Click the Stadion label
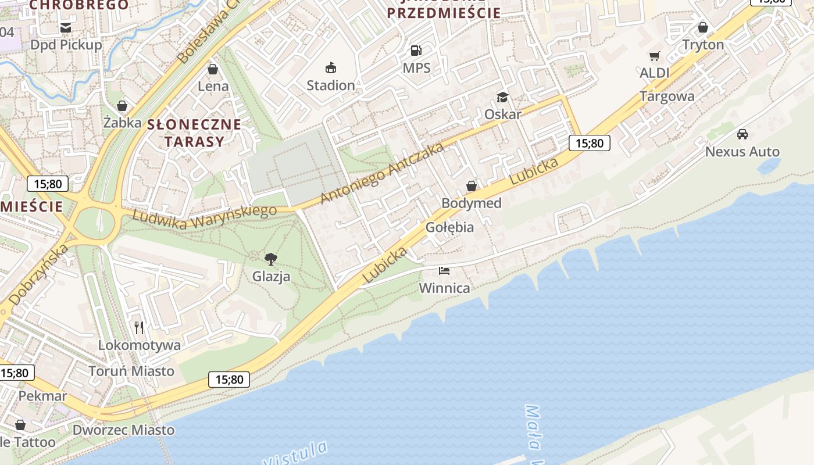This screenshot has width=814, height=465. coord(330,85)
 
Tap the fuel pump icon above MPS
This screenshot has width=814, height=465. coord(416,51)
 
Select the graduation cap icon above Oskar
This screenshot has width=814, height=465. coord(502,96)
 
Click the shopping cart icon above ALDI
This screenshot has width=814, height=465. coord(655,56)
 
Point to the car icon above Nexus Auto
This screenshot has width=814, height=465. coord(742,134)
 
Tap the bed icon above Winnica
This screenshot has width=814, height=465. coord(444,271)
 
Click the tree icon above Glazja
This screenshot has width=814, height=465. coord(270,259)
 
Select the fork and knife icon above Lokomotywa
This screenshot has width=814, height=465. coord(139,328)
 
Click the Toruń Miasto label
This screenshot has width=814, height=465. coord(131,371)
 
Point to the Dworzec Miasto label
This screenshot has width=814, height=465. coord(123,430)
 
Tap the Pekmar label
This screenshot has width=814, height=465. coord(43,396)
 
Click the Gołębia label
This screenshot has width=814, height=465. coord(449,227)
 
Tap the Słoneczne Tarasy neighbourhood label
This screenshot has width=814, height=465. coord(194,133)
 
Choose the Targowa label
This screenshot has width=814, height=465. coord(667,96)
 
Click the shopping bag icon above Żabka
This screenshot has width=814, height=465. coord(122,106)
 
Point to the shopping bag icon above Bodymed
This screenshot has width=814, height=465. coord(472,186)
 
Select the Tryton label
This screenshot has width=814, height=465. coord(703,45)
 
